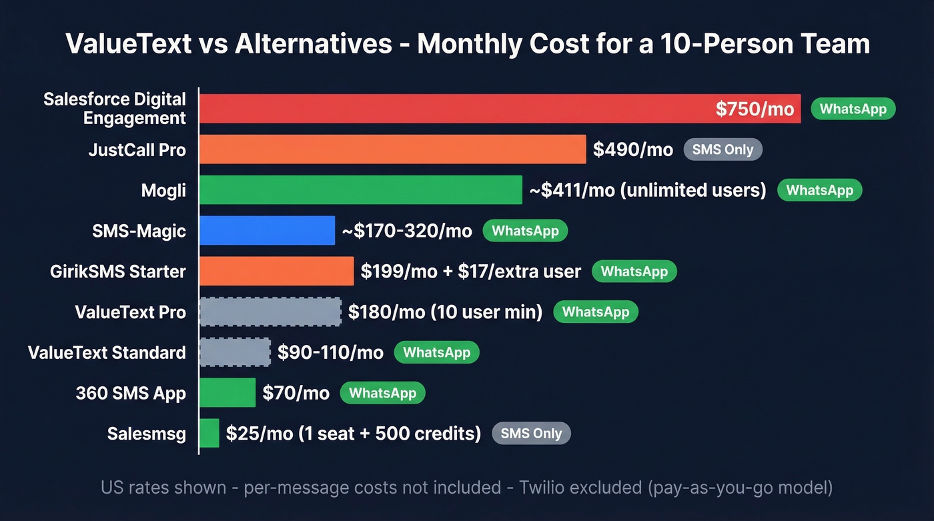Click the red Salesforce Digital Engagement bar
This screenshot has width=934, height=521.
pyautogui.click(x=454, y=109)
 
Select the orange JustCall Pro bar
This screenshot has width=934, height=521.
pyautogui.click(x=392, y=149)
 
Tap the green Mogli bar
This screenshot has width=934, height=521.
pyautogui.click(x=360, y=190)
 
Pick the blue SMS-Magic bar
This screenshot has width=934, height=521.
pyautogui.click(x=267, y=231)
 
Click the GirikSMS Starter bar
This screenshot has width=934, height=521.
pyautogui.click(x=276, y=272)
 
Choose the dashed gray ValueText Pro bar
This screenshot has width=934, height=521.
pyautogui.click(x=270, y=312)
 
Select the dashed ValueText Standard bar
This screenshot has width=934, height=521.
pyautogui.click(x=235, y=352)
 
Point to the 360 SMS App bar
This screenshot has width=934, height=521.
pyautogui.click(x=227, y=393)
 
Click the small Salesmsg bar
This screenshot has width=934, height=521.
pyautogui.click(x=209, y=434)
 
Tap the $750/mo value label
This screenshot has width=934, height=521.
pyautogui.click(x=755, y=109)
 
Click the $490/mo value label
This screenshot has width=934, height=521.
pyautogui.click(x=632, y=149)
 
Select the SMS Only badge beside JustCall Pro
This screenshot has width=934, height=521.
pyautogui.click(x=723, y=149)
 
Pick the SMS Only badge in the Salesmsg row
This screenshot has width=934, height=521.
pyautogui.click(x=531, y=434)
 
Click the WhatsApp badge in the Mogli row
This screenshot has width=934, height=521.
pyautogui.click(x=819, y=190)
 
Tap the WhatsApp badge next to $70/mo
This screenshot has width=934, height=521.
pyautogui.click(x=382, y=393)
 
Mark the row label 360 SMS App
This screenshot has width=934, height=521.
pyautogui.click(x=131, y=393)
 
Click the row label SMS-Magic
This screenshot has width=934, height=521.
pyautogui.click(x=139, y=231)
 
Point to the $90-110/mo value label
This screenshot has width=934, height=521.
pyautogui.click(x=330, y=352)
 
